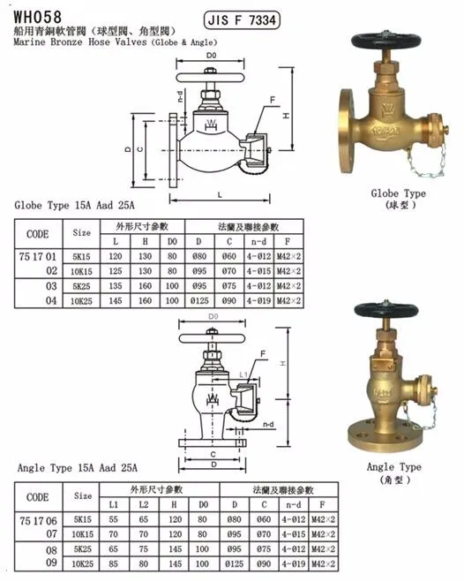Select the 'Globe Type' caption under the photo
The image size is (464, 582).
[x=398, y=193]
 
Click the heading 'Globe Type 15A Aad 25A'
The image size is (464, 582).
[x=76, y=205]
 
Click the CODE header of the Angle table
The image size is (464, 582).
[x=38, y=497]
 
